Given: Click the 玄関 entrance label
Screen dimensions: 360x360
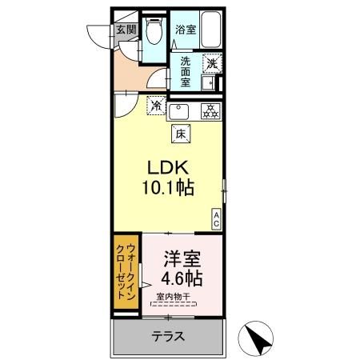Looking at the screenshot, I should click(x=126, y=30).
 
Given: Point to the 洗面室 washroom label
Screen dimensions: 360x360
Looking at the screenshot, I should click(x=185, y=70).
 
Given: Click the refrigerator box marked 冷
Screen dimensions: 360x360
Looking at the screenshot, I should click(x=155, y=104).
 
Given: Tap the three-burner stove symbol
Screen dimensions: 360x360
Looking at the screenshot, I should click(x=210, y=111).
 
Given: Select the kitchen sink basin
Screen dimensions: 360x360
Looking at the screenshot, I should click(x=179, y=110).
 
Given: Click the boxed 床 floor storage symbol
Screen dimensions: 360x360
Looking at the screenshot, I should click(x=181, y=135).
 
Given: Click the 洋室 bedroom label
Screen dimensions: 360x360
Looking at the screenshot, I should click(x=181, y=261).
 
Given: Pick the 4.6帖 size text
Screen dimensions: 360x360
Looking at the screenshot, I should click(x=182, y=280).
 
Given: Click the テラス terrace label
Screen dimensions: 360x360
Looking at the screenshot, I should click(x=168, y=337).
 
